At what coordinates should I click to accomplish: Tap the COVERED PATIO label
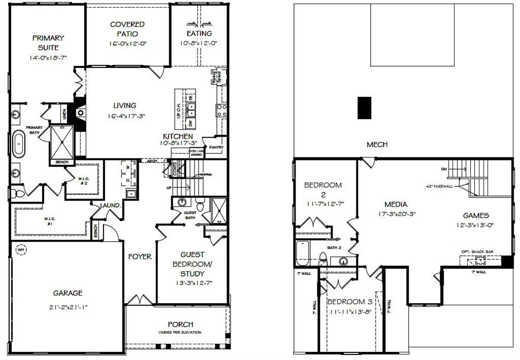click(x=127, y=29)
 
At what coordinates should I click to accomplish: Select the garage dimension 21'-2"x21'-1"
click(x=68, y=307)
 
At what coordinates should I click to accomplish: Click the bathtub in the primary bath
click(x=19, y=144)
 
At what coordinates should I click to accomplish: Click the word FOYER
click(x=140, y=256)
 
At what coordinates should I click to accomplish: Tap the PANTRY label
click(x=216, y=147)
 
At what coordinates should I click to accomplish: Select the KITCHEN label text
click(x=178, y=137)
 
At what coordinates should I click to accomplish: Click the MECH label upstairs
click(x=377, y=145)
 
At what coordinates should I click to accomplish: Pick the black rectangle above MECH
click(x=364, y=108)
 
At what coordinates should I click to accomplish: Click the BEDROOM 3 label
click(x=349, y=302)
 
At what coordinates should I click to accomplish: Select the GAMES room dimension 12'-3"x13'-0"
click(x=475, y=225)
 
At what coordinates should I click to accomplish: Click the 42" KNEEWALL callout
click(x=447, y=186)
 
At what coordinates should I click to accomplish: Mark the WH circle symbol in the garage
click(x=21, y=250)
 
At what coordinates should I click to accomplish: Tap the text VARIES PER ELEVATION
click(x=180, y=333)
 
